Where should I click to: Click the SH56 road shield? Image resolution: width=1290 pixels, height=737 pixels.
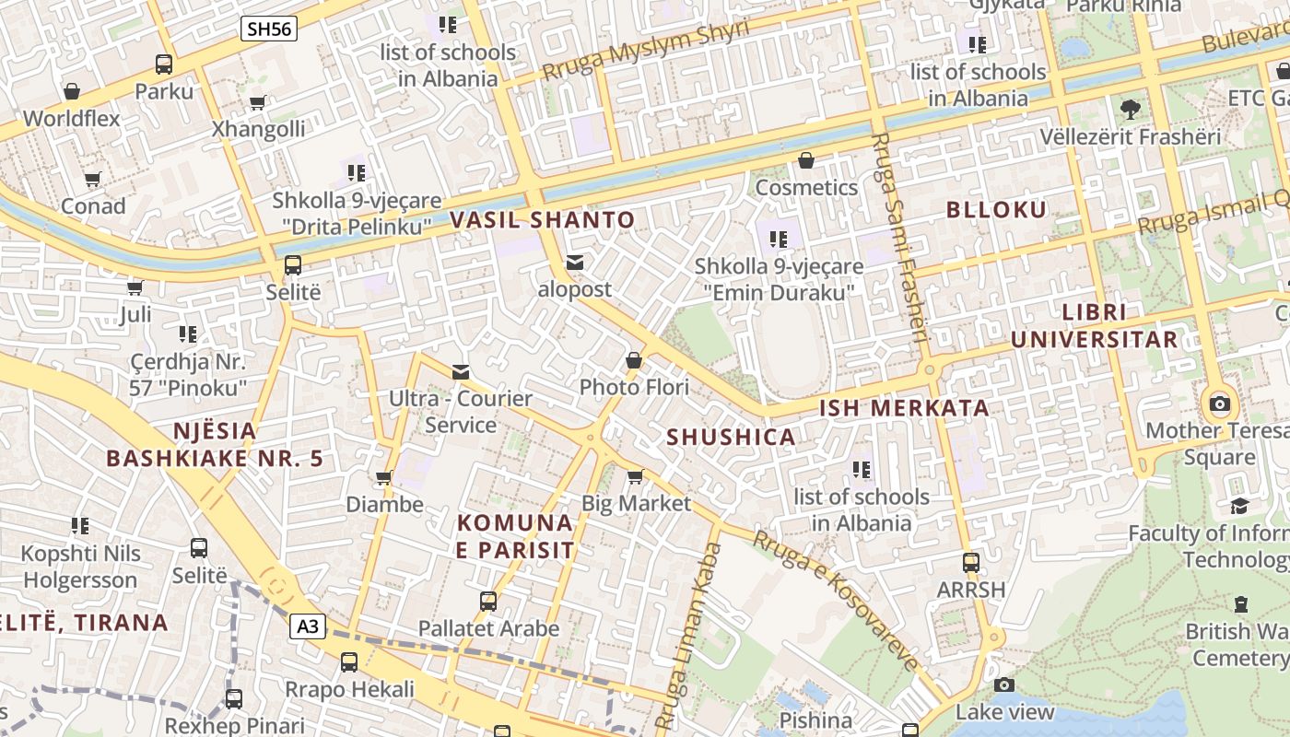pyautogui.click(x=270, y=29)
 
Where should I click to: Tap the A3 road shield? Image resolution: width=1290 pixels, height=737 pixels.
pyautogui.click(x=309, y=627)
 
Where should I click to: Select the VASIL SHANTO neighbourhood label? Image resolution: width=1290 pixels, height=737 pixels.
pyautogui.click(x=543, y=220)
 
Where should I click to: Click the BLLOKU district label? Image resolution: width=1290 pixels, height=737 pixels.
pyautogui.click(x=997, y=210)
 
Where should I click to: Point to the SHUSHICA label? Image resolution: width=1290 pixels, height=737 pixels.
pyautogui.click(x=731, y=438)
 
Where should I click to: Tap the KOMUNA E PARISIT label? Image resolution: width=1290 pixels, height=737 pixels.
pyautogui.click(x=515, y=537)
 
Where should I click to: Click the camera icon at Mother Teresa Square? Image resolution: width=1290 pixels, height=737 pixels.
pyautogui.click(x=1220, y=404)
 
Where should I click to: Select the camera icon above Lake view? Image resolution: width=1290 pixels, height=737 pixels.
pyautogui.click(x=1004, y=684)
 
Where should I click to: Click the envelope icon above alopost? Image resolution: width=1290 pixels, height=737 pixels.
pyautogui.click(x=575, y=263)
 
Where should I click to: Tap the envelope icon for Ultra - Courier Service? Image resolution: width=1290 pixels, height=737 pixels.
pyautogui.click(x=461, y=372)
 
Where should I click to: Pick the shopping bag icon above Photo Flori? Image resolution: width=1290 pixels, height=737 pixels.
pyautogui.click(x=634, y=360)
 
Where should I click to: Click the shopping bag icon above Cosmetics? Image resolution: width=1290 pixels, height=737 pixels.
pyautogui.click(x=806, y=161)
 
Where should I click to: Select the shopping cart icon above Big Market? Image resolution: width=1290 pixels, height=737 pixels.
pyautogui.click(x=635, y=476)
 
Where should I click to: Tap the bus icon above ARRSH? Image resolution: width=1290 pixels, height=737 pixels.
pyautogui.click(x=970, y=562)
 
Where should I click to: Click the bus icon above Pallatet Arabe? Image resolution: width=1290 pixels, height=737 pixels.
pyautogui.click(x=488, y=602)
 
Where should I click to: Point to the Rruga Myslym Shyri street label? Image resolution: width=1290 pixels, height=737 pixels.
pyautogui.click(x=645, y=50)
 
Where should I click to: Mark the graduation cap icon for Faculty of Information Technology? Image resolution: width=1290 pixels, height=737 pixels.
pyautogui.click(x=1239, y=506)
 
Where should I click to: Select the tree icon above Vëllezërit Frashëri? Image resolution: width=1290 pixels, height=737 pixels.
pyautogui.click(x=1130, y=110)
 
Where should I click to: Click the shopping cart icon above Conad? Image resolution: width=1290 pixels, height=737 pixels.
pyautogui.click(x=92, y=179)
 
